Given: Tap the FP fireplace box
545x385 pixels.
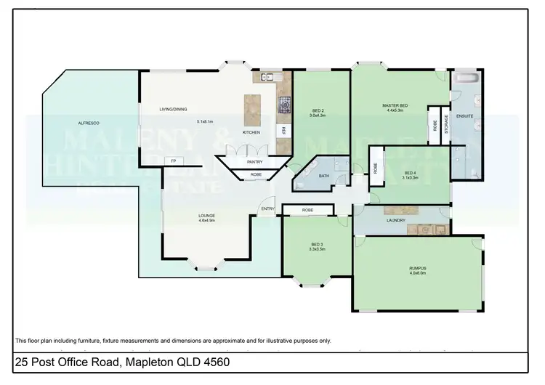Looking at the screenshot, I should pyautogui.click(x=172, y=161).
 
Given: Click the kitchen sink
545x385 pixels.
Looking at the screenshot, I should pyautogui.click(x=267, y=76).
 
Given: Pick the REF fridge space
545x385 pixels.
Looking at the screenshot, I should pyautogui.click(x=283, y=131).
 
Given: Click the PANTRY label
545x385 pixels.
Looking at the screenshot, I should pyautogui.click(x=254, y=162).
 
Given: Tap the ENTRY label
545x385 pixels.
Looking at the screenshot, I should pyautogui.click(x=267, y=209).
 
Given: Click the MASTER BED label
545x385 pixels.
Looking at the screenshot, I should pyautogui.click(x=396, y=106).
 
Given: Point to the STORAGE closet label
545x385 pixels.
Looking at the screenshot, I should pyautogui.click(x=445, y=123).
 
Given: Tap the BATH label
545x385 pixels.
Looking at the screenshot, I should pyautogui.click(x=323, y=175).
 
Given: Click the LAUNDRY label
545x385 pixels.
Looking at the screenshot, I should pyautogui.click(x=396, y=220).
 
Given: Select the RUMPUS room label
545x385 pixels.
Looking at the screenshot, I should pyautogui.click(x=417, y=268).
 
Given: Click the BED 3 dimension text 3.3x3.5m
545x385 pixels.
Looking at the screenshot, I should pyautogui.click(x=317, y=249).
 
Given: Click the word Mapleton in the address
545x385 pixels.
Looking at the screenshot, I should pyautogui.click(x=151, y=362).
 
